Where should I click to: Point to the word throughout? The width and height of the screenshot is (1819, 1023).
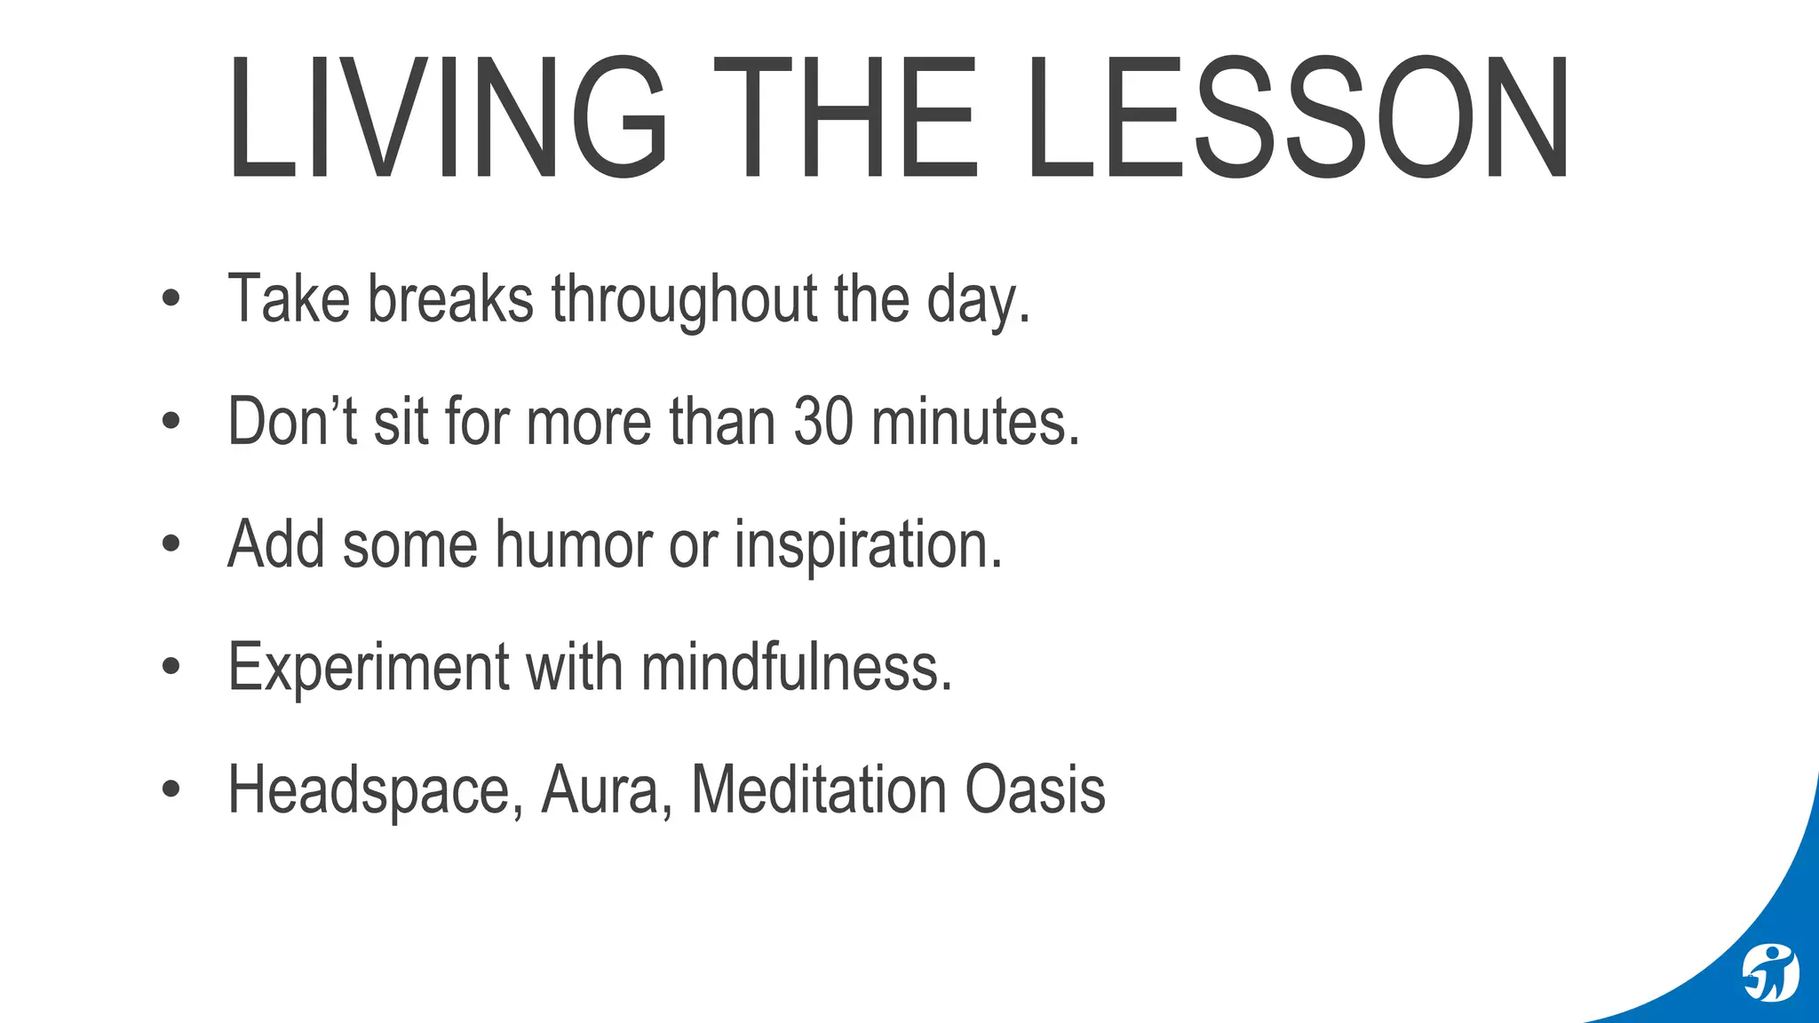(x=684, y=300)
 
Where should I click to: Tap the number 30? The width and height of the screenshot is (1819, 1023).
(x=823, y=421)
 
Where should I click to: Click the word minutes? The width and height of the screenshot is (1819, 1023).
(x=975, y=421)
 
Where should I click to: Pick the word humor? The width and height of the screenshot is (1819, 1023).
(x=574, y=543)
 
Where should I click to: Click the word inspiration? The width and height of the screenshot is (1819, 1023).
(x=868, y=545)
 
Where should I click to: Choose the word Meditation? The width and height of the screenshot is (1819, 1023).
(x=818, y=789)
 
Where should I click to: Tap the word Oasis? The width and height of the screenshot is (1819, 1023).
(x=1035, y=789)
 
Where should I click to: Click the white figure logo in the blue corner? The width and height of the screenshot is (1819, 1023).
(x=1769, y=973)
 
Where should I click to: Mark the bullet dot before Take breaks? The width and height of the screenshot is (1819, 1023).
(x=171, y=299)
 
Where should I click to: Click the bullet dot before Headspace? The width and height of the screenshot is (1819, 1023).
(x=171, y=789)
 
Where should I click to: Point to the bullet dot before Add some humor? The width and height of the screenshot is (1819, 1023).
(x=171, y=544)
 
